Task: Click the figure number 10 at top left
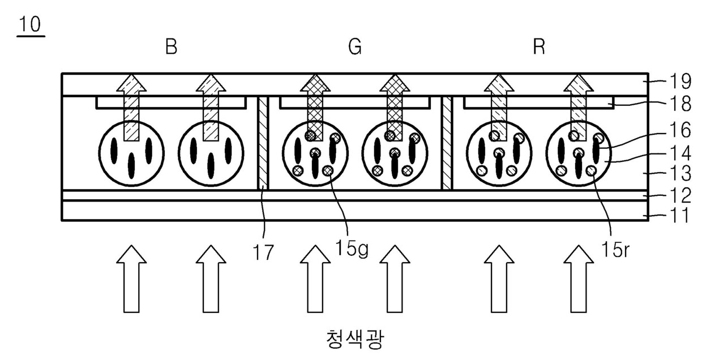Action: click(31, 25)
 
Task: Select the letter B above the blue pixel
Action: click(171, 48)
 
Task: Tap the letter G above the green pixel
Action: click(355, 48)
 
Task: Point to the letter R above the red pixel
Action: click(539, 48)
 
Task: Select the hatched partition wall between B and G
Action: click(262, 143)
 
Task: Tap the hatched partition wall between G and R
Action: click(447, 143)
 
